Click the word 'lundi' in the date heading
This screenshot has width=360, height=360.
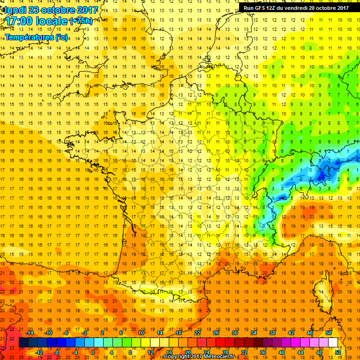[x=15, y=9]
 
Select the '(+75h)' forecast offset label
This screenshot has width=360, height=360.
[x=81, y=21]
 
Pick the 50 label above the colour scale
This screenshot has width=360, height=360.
[x=328, y=333]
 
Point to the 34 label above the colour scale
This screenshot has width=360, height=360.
[x=254, y=333]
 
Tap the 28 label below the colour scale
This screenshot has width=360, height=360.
[x=225, y=352]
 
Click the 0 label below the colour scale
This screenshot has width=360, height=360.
[x=93, y=352]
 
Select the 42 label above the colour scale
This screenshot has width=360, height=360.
[x=291, y=333]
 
